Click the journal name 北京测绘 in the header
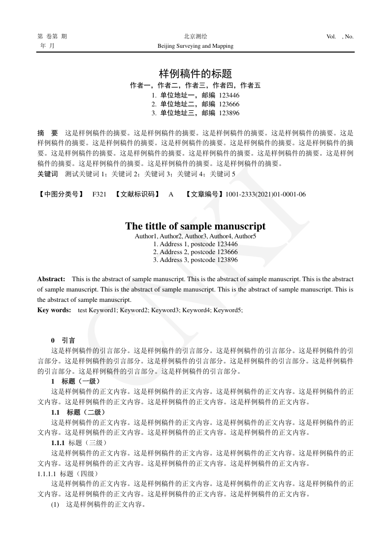coord(195,36)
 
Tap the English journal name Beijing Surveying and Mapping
coord(195,46)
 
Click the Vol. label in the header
coord(331,36)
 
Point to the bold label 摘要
coord(48,133)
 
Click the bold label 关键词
coord(48,174)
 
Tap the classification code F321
coord(99,195)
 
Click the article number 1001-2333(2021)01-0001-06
coord(265,195)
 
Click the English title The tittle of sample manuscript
coord(195,226)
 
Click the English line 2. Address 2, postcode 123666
coord(195,252)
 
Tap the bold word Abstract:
coord(51,279)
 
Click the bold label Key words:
coord(54,310)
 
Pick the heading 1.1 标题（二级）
coord(78,412)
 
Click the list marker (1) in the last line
coord(55,505)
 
